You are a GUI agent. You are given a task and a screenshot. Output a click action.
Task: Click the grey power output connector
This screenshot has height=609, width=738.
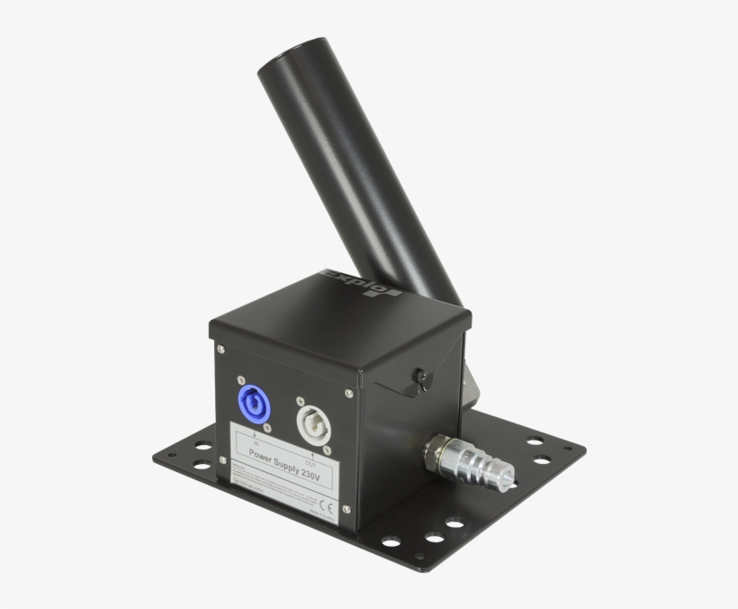point(313,424)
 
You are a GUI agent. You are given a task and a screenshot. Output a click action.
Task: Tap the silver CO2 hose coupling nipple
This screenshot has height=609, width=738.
point(490,466)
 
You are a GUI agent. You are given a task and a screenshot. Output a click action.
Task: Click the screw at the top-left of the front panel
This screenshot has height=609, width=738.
point(221,350)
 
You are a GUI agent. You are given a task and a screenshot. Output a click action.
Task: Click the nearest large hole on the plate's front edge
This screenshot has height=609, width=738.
point(392,541)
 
